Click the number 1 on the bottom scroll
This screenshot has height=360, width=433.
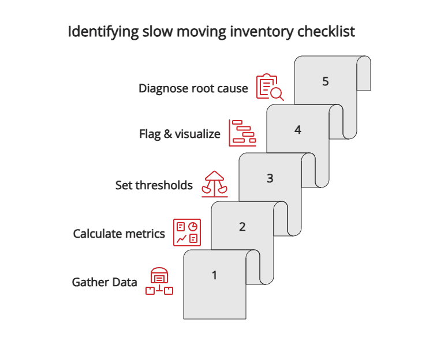tap(214, 275)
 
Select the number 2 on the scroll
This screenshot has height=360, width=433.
tap(242, 227)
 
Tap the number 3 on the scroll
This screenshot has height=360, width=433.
tap(270, 178)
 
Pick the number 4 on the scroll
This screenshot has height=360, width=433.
tap(298, 130)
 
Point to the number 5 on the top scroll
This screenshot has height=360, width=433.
tap(326, 81)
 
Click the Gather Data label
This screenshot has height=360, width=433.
tap(104, 282)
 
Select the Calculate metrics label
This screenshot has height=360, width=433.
tap(119, 234)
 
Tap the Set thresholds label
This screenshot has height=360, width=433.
tap(154, 185)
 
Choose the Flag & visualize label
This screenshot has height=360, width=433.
tap(180, 134)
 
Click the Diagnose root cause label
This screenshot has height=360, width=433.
tap(193, 89)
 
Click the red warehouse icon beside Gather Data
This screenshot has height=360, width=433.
tap(159, 282)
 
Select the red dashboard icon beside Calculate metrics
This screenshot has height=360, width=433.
tap(187, 232)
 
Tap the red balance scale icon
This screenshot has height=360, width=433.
tap(214, 183)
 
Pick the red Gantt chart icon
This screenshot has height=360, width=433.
tap(242, 133)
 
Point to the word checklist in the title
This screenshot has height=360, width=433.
tap(326, 32)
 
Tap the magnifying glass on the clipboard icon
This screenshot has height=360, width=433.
tap(277, 93)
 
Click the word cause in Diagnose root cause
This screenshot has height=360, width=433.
tap(231, 89)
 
